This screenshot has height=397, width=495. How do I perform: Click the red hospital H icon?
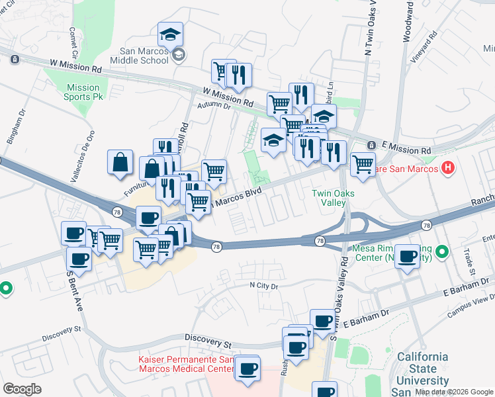448,168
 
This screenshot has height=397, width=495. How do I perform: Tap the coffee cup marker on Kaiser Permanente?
247,369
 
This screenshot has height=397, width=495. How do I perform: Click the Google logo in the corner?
22,389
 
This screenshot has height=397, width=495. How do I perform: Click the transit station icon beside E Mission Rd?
371,145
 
